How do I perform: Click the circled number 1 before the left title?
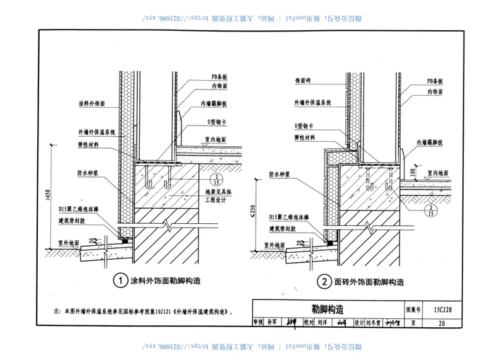tap(119, 279)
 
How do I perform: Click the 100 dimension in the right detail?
tap(411, 171)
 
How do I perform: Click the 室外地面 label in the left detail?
tap(69, 243)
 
